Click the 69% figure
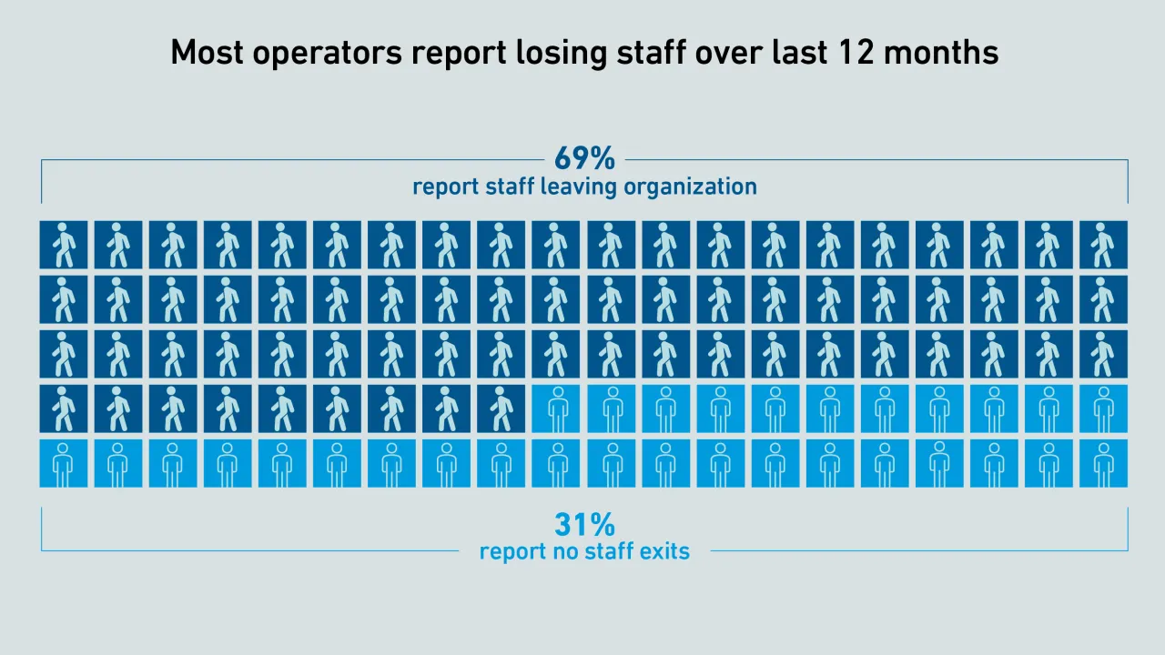[584, 158]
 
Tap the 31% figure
[584, 524]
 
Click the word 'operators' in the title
[328, 53]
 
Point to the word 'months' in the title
[941, 52]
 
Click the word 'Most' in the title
[207, 52]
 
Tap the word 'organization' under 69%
[690, 187]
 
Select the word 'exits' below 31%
[664, 551]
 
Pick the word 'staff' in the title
[652, 52]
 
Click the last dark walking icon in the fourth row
[501, 408]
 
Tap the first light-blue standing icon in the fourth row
[555, 408]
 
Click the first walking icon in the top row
[64, 245]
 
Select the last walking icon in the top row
[1103, 245]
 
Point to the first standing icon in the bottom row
[64, 463]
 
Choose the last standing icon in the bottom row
[1103, 463]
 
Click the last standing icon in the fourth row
[1103, 408]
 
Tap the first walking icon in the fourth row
[64, 408]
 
